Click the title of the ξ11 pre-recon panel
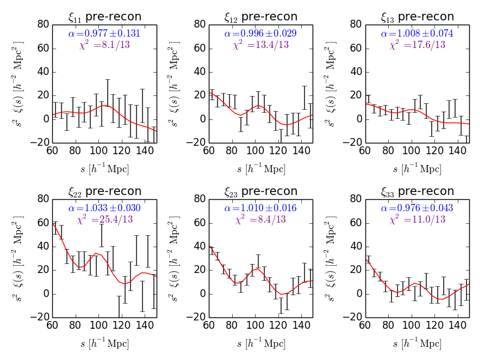[104, 17]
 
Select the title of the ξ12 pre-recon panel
[261, 17]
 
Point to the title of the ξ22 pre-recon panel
[104, 191]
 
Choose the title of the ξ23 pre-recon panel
[261, 191]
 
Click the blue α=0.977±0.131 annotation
[104, 34]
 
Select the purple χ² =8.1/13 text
[104, 45]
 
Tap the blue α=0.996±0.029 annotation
[261, 34]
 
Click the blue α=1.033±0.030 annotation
[104, 208]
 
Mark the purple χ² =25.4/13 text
[104, 220]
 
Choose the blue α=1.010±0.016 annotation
[261, 208]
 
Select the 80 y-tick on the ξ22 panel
[43, 199]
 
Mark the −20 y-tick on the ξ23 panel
[197, 317]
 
